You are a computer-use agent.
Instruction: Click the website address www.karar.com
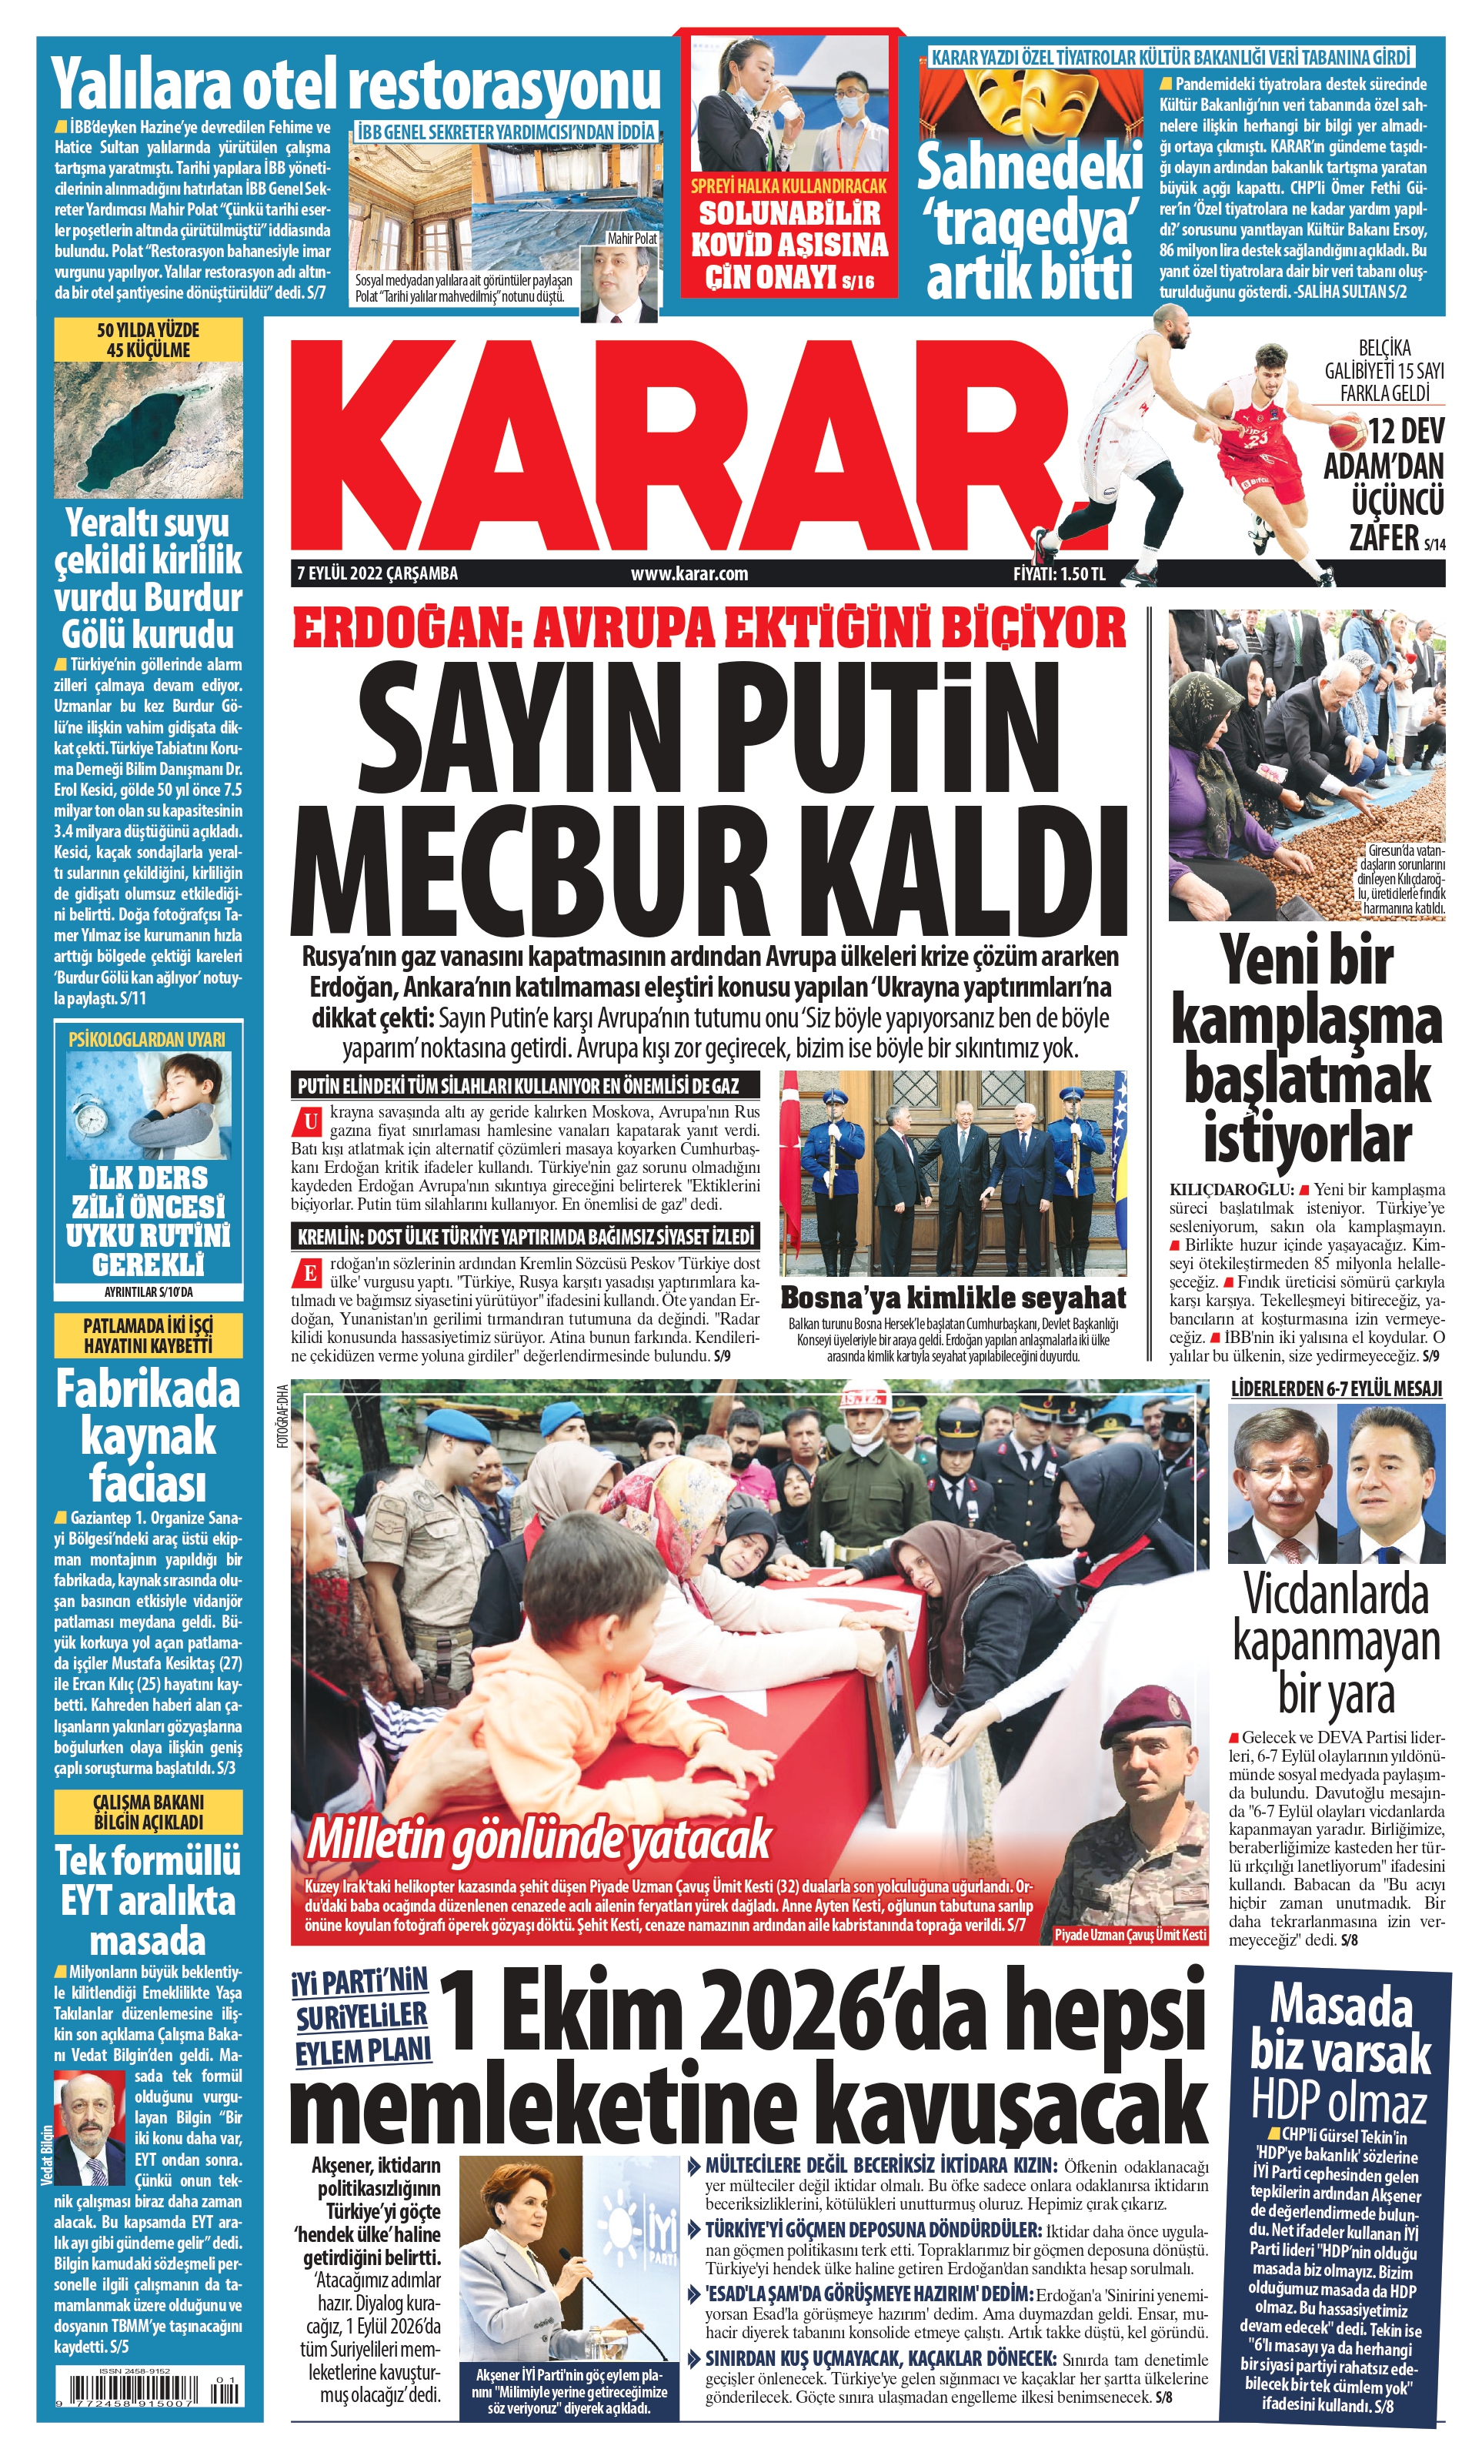[689, 574]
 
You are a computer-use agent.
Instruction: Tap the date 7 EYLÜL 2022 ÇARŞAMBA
[377, 574]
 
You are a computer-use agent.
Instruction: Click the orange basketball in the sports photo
[1350, 433]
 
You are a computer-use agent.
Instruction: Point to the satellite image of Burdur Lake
[148, 429]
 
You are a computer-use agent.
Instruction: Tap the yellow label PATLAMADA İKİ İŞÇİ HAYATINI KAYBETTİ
[148, 1335]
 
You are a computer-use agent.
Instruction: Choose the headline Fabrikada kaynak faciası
[148, 1437]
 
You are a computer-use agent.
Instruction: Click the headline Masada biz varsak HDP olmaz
[1340, 2056]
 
